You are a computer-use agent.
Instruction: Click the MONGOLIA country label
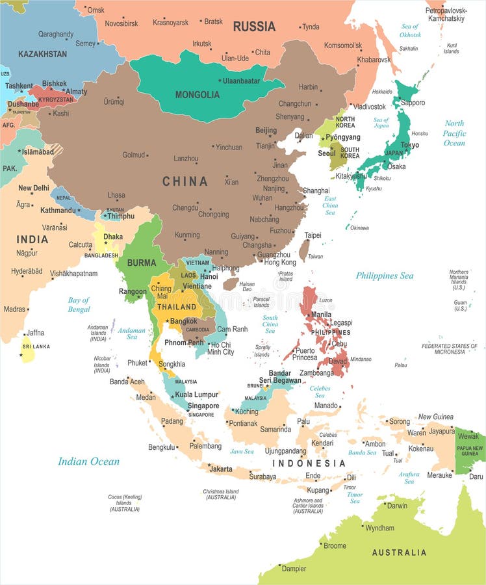point(198,94)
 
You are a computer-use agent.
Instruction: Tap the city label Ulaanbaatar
point(241,81)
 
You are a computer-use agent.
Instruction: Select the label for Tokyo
point(409,145)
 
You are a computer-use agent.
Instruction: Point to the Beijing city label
point(266,131)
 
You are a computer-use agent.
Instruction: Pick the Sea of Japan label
point(381,123)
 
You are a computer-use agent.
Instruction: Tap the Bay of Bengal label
point(79,304)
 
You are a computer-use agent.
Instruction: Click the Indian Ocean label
point(88,461)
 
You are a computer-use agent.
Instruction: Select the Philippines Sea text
point(384,276)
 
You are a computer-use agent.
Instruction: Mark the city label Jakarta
point(221,469)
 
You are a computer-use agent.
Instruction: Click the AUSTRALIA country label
point(399,552)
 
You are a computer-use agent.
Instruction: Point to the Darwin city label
point(397,506)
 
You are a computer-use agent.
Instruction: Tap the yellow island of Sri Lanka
point(27,350)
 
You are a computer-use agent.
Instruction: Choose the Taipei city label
point(313,235)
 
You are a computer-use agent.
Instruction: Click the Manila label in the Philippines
point(321,315)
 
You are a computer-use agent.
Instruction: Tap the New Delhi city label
point(33,188)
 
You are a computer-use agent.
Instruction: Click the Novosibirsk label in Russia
point(122,23)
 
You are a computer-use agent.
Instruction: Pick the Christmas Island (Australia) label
point(220,495)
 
